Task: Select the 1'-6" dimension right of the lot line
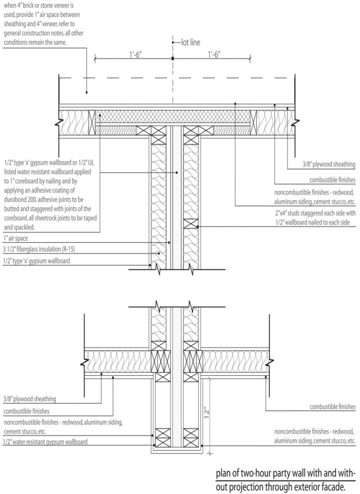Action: click(x=218, y=54)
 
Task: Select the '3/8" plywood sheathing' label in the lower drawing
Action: click(x=30, y=399)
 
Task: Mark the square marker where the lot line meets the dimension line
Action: click(x=173, y=60)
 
